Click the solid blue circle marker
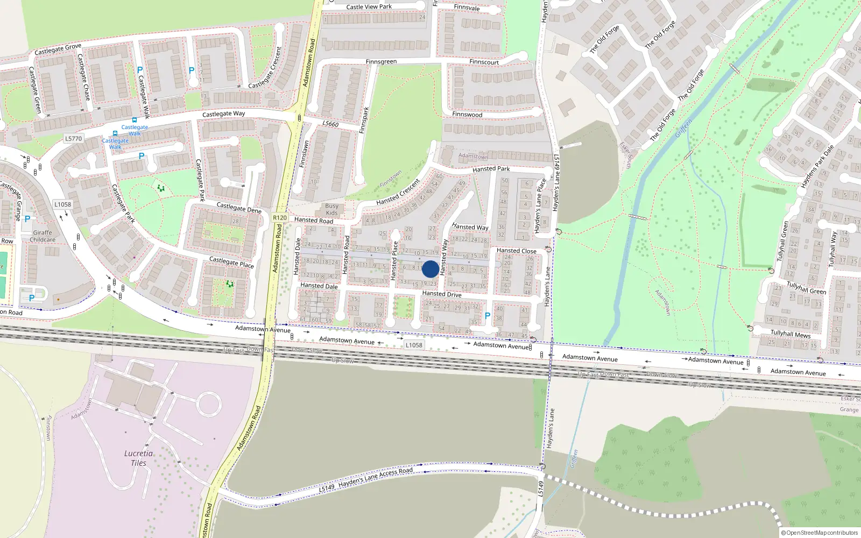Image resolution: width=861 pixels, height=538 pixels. coord(430,269)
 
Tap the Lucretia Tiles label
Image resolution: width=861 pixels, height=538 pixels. coord(138,458)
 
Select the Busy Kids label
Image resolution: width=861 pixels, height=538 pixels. coord(332,209)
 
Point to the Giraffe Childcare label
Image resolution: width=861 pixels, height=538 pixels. coord(43,236)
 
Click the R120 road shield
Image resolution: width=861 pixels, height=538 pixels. coord(280,218)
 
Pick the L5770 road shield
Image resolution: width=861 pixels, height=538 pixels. coord(74,139)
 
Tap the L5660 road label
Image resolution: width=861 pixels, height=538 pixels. coord(330,124)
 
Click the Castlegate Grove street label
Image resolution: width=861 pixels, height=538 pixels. coord(58,49)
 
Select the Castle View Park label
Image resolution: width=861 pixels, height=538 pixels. coord(369,7)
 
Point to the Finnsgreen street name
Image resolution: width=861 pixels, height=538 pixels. coord(381,62)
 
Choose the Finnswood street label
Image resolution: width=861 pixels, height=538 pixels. coord(467,115)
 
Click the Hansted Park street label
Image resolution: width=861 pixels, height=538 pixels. coord(491,169)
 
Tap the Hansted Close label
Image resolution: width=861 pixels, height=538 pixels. coord(516,251)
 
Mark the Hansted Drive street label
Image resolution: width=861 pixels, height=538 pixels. coord(442,294)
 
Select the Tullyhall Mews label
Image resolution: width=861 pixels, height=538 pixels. coord(790,334)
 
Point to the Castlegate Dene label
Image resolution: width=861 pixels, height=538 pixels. coord(238,208)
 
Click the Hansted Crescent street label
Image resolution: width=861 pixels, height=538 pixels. coord(398,192)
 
